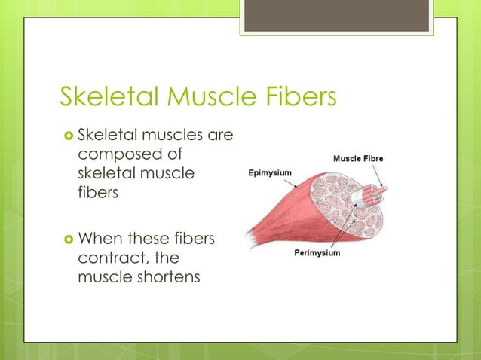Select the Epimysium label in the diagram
pyautogui.click(x=272, y=172)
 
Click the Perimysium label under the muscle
pyautogui.click(x=317, y=253)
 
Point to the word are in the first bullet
pyautogui.click(x=219, y=136)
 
